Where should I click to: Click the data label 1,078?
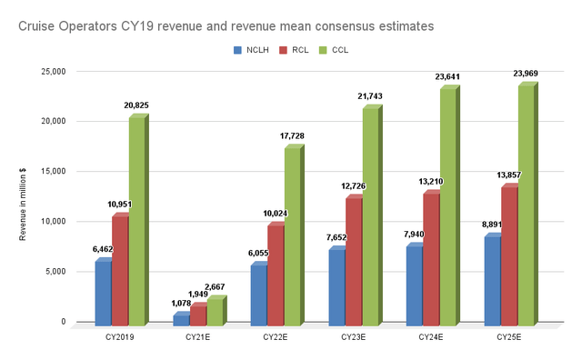[x=181, y=303]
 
